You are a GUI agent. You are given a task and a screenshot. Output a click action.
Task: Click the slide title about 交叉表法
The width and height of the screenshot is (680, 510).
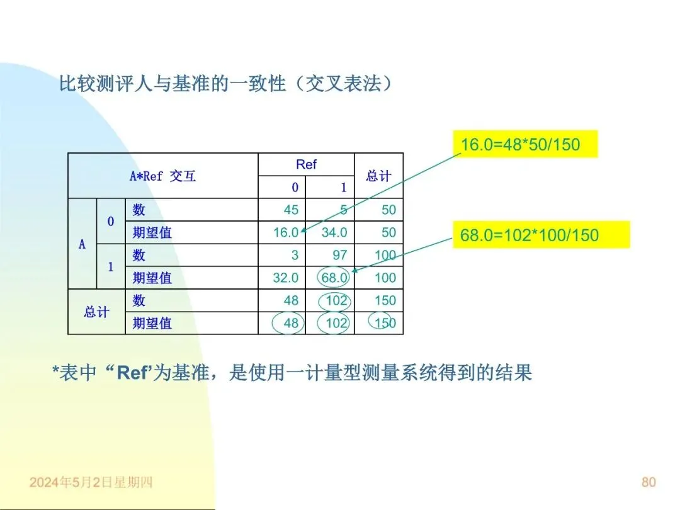225,83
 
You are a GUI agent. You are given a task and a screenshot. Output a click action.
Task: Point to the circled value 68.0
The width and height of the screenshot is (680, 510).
334,278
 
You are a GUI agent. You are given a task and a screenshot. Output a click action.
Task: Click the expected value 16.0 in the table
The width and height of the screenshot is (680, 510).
285,233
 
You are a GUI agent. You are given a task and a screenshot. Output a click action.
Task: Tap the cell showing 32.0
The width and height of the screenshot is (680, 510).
285,278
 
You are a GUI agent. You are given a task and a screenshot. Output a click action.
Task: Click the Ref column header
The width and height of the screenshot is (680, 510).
306,165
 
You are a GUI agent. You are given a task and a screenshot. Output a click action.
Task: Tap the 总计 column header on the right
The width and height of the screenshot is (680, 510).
378,176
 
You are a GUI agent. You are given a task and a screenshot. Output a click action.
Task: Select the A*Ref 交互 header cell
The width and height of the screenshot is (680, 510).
162,176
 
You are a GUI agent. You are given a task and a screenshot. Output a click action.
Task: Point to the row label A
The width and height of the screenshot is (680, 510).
82,244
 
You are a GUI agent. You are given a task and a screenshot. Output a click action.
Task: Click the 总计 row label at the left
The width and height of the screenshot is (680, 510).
96,312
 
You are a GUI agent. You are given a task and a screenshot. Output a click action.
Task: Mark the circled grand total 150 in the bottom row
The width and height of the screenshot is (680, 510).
385,323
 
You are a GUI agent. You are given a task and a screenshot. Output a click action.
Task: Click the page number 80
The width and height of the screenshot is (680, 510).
649,482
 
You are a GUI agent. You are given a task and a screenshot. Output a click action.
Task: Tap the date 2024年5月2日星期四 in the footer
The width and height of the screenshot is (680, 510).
91,483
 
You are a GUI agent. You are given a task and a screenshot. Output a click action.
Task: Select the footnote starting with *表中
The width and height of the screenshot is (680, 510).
292,373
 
